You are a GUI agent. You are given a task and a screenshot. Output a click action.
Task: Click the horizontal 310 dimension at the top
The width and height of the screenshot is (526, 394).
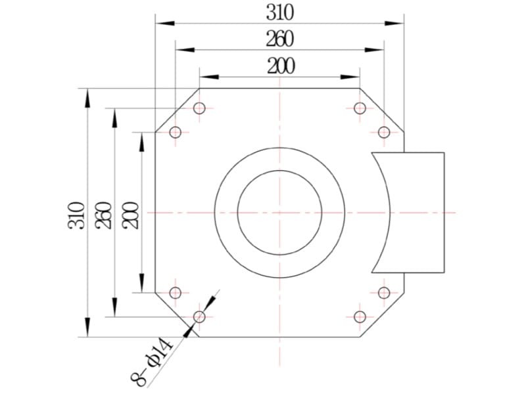pyautogui.click(x=280, y=12)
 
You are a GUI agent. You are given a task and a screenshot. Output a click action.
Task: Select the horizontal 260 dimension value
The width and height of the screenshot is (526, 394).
pyautogui.click(x=280, y=39)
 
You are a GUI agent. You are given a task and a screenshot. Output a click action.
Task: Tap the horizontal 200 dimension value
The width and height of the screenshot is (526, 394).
pyautogui.click(x=281, y=66)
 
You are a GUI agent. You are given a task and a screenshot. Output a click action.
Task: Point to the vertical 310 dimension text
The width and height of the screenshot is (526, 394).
pyautogui.click(x=76, y=215)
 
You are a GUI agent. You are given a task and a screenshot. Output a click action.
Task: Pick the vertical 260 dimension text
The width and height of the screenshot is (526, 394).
pyautogui.click(x=103, y=215)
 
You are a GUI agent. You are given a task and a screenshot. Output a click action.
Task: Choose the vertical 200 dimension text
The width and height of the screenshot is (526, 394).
pyautogui.click(x=131, y=215)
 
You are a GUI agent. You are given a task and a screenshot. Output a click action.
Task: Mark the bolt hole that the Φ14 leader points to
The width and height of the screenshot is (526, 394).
pyautogui.click(x=199, y=317)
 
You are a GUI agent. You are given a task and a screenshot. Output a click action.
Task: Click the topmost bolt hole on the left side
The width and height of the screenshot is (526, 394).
pyautogui.click(x=199, y=108)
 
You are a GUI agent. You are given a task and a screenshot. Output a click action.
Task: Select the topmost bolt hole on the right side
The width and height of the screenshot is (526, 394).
pyautogui.click(x=360, y=108)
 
